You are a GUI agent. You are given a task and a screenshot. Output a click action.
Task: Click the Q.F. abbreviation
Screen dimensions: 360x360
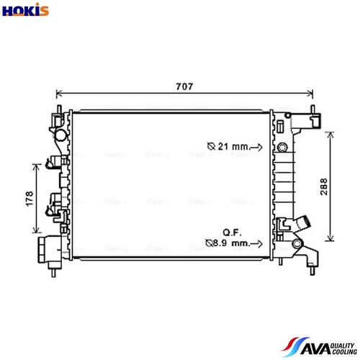tap(231, 232)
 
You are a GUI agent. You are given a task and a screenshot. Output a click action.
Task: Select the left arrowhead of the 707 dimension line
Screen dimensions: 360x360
tap(58, 94)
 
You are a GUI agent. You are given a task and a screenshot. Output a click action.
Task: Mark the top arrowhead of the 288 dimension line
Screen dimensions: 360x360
tap(330, 133)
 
